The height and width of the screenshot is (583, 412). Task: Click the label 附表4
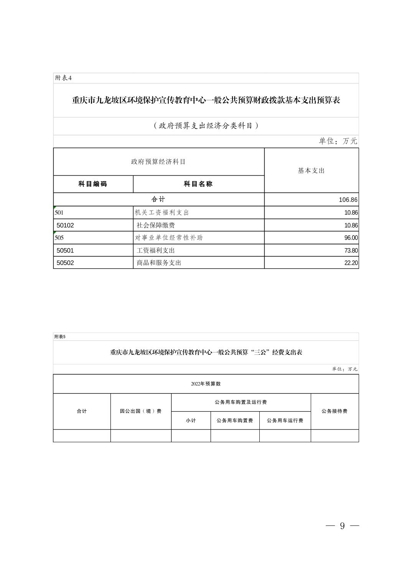(64, 78)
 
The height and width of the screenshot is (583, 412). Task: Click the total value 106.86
(348, 200)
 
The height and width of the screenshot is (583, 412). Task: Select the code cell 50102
(65, 225)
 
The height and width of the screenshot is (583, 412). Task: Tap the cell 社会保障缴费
(156, 225)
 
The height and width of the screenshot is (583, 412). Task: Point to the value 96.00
(351, 238)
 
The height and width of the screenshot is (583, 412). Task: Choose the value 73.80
(351, 250)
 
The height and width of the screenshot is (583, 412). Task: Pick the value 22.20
(351, 263)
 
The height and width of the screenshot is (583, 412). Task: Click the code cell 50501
(65, 250)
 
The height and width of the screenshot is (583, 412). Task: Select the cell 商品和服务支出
(159, 263)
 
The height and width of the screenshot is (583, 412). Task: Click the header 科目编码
(93, 184)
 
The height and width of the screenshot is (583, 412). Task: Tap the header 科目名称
(198, 184)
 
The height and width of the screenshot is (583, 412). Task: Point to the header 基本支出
(311, 171)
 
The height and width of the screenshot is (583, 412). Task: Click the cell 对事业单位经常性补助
(169, 238)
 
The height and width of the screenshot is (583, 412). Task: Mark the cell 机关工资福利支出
(162, 212)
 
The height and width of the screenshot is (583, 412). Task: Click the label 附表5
(60, 337)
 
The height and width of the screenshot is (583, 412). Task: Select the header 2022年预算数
(206, 384)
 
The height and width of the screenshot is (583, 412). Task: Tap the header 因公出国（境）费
(140, 411)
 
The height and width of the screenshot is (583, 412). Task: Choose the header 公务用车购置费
(235, 421)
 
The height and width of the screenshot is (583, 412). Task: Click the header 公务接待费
(335, 411)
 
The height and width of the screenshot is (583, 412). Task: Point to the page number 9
(342, 526)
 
